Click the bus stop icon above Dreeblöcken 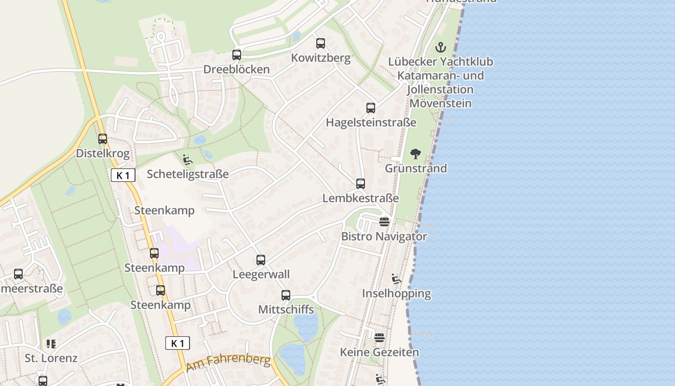(236, 55)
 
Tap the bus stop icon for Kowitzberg (321, 43)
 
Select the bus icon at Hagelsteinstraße (370, 108)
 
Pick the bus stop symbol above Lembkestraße (361, 184)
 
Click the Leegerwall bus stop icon (261, 260)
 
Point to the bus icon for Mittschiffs (286, 295)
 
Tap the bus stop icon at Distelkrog (103, 139)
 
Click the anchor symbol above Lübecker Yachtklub (441, 47)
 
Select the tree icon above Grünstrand (416, 154)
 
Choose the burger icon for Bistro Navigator (384, 222)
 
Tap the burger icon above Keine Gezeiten (379, 337)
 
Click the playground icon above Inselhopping (396, 279)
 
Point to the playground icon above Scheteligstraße (188, 160)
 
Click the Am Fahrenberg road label (228, 362)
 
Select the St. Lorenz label (51, 358)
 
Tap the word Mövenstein (440, 103)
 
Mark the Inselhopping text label (396, 293)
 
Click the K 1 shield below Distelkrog (123, 175)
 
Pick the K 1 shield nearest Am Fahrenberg (177, 343)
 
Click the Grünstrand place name (416, 168)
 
